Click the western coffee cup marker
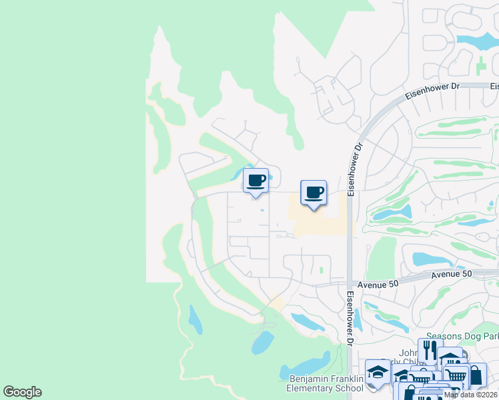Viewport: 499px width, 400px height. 256,180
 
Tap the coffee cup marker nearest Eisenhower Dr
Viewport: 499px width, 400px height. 314,193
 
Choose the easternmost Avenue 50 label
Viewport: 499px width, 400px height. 451,274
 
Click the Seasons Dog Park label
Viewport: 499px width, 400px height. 462,337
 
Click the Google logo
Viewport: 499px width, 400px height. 22,392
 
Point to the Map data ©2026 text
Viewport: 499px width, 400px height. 470,395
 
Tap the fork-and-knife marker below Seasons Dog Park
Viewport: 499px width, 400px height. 428,349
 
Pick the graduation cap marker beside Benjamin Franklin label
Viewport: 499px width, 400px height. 377,371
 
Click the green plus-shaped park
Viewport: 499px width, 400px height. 481,66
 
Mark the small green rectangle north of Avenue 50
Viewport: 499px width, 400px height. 321,270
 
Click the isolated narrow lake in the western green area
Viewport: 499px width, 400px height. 195,319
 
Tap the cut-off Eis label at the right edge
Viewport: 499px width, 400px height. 494,86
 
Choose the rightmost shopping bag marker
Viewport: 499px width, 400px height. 475,375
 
